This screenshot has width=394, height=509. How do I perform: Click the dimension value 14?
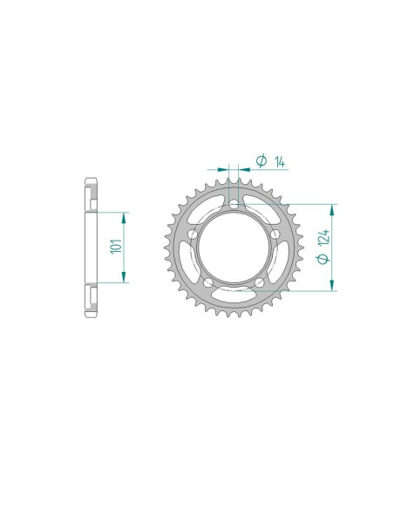pyautogui.click(x=278, y=160)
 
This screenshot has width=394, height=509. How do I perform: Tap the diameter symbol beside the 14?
pyautogui.click(x=261, y=160)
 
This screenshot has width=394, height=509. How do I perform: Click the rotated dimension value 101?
pyautogui.click(x=114, y=247)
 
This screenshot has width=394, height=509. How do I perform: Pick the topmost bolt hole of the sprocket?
pyautogui.click(x=234, y=204)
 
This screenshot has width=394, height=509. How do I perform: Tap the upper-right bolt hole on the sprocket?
pyautogui.click(x=275, y=234)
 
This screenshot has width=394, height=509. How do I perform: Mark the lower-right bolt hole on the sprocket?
pyautogui.click(x=260, y=283)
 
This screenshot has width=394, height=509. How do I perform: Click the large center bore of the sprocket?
pyautogui.click(x=234, y=248)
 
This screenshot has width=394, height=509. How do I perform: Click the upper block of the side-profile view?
pyautogui.click(x=90, y=193)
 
